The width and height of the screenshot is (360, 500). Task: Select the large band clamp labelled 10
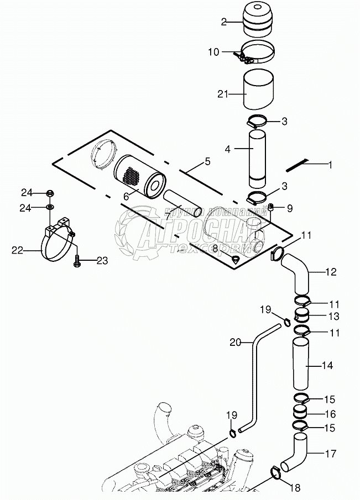pyautogui.click(x=257, y=53)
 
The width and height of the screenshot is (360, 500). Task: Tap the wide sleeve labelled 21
pyautogui.click(x=259, y=90)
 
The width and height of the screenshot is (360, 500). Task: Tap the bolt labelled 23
pyautogui.click(x=77, y=260)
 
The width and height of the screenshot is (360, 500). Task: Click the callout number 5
pyautogui.click(x=207, y=161)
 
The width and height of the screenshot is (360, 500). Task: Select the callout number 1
pyautogui.click(x=330, y=165)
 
